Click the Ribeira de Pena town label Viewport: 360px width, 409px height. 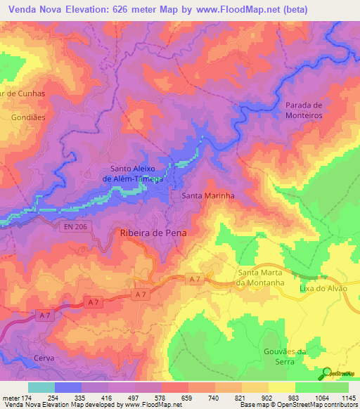click(157, 232)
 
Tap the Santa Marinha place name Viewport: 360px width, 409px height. click(207, 197)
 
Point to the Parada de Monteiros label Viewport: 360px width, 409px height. click(303, 110)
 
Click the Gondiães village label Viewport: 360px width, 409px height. click(28, 117)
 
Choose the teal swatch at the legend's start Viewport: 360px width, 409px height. click(41, 387)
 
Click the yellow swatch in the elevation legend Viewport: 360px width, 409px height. click(281, 387)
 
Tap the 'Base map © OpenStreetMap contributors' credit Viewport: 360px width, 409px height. click(298, 405)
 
